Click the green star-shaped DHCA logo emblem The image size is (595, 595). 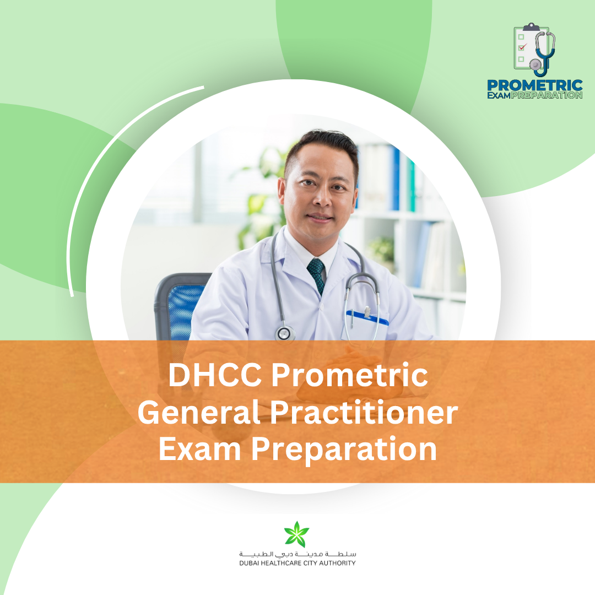tap(297, 534)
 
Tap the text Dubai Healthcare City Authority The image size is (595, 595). tap(297, 563)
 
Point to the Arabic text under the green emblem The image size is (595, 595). tap(297, 553)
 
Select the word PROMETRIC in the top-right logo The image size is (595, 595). tap(534, 86)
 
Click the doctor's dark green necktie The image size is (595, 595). tap(316, 274)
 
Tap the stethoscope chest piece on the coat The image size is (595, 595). tap(285, 333)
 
